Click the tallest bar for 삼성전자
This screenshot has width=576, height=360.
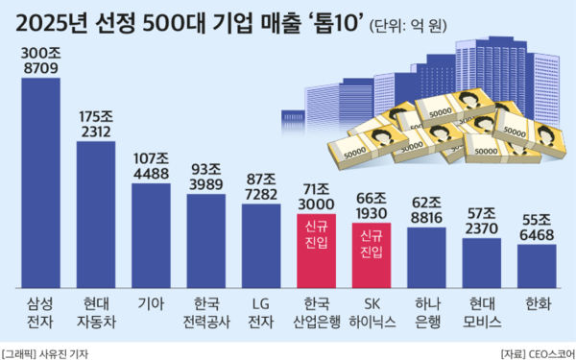[x=40, y=182]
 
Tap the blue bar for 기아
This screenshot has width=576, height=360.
[x=151, y=235]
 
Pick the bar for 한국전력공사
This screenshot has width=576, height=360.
[x=206, y=240]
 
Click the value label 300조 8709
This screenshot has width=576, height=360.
[x=40, y=60]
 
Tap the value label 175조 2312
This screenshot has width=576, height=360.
[x=96, y=124]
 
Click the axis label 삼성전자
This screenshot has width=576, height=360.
[x=40, y=313]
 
